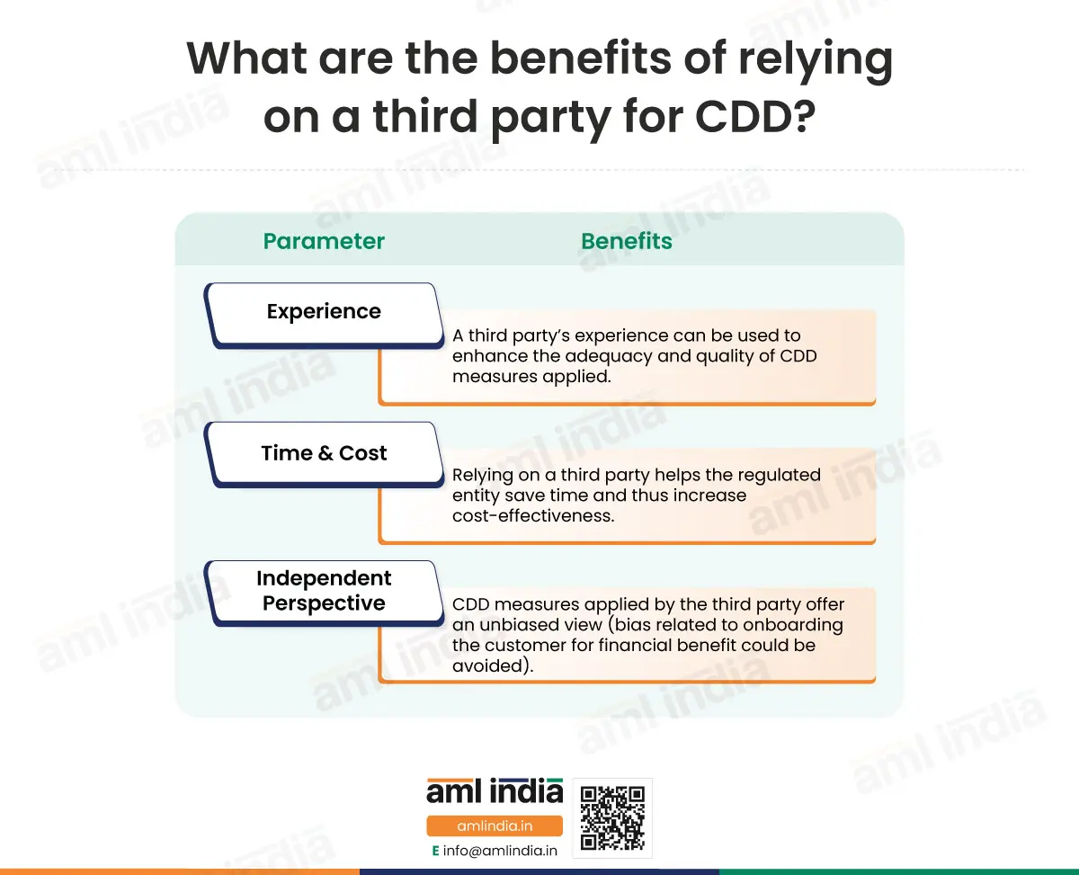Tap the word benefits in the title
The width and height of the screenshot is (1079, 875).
pyautogui.click(x=581, y=58)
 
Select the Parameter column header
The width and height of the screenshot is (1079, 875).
pyautogui.click(x=324, y=241)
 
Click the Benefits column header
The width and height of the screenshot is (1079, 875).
pyautogui.click(x=627, y=241)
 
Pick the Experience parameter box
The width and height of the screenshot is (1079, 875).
pyautogui.click(x=325, y=315)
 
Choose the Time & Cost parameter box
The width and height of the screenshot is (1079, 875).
pyautogui.click(x=325, y=454)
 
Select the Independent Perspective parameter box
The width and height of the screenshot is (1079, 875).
pyautogui.click(x=325, y=594)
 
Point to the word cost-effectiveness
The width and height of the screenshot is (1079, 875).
pyautogui.click(x=533, y=516)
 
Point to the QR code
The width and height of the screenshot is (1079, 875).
pyautogui.click(x=612, y=817)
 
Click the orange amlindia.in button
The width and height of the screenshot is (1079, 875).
pyautogui.click(x=495, y=826)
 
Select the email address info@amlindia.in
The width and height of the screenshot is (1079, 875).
pyautogui.click(x=500, y=851)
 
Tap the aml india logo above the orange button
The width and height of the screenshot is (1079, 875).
pyautogui.click(x=495, y=790)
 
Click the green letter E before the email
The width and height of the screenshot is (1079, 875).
pyautogui.click(x=435, y=851)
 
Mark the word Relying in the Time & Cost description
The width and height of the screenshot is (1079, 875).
pyautogui.click(x=482, y=476)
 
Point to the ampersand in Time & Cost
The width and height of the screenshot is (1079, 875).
pyautogui.click(x=325, y=453)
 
